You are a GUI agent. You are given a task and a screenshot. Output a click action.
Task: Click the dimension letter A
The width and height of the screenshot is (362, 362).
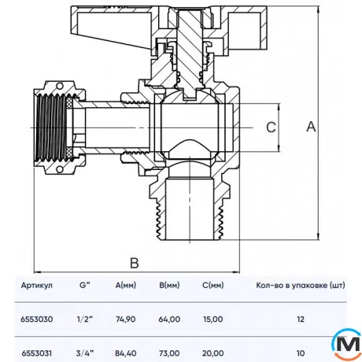(x=312, y=126)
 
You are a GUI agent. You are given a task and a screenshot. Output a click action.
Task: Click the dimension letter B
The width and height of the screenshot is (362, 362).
(x=135, y=262)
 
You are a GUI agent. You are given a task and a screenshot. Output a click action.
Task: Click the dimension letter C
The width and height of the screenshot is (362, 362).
(x=268, y=127)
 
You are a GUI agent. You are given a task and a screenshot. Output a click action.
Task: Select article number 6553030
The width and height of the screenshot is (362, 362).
(x=37, y=320)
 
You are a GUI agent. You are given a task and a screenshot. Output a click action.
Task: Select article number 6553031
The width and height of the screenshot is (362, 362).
(x=37, y=353)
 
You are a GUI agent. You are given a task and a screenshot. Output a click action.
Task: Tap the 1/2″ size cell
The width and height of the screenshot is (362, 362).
(x=84, y=320)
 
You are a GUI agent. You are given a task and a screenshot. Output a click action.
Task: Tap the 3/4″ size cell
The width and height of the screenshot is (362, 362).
(x=84, y=353)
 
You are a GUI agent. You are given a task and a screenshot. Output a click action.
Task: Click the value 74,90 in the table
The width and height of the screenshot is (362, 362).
(x=126, y=320)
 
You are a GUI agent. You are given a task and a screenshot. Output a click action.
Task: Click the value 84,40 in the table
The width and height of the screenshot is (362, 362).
(x=126, y=353)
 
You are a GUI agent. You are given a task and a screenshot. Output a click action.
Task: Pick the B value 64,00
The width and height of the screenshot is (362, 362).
(x=170, y=320)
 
